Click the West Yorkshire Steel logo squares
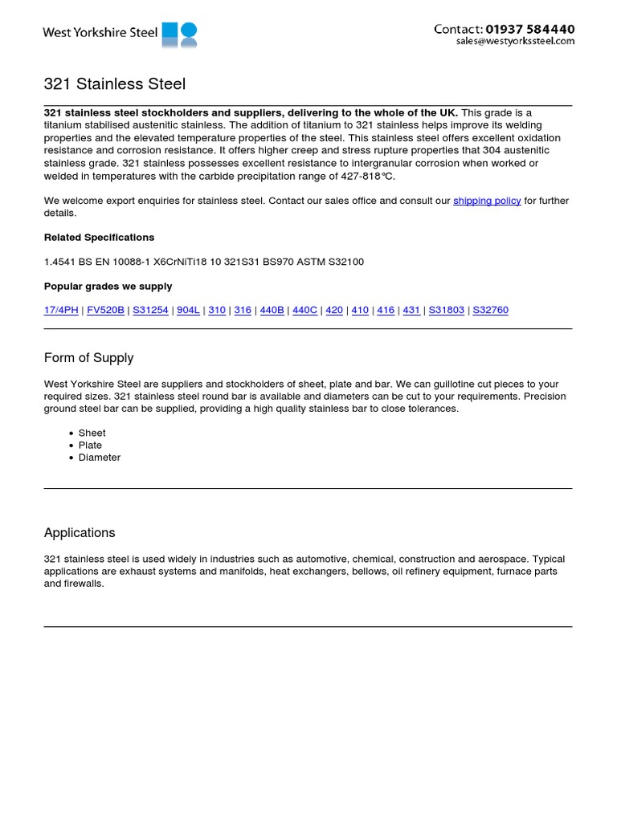[x=179, y=35]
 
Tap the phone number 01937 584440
[x=530, y=29]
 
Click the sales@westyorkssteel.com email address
[x=515, y=42]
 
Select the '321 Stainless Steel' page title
[x=114, y=83]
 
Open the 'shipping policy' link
[x=487, y=201]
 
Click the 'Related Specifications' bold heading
[x=99, y=238]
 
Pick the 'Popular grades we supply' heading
[x=108, y=286]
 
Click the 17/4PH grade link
[x=61, y=310]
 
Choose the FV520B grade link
[x=105, y=310]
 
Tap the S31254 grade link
[x=150, y=310]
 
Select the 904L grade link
[x=188, y=310]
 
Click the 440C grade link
[x=304, y=310]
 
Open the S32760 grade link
[x=490, y=310]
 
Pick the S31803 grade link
[x=446, y=310]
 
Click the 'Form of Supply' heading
[x=88, y=358]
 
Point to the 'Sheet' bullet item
[x=92, y=433]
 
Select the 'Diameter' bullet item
[x=99, y=458]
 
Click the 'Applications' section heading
[x=80, y=533]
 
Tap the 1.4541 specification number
[x=59, y=262]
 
